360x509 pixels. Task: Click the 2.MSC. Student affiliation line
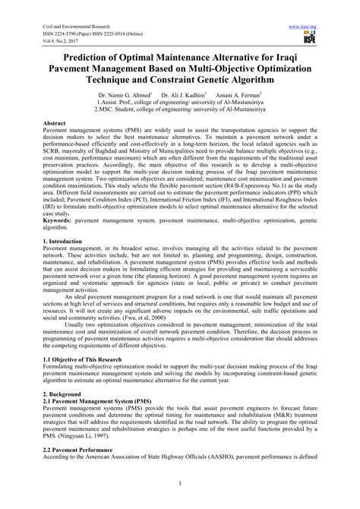coord(180,108)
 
